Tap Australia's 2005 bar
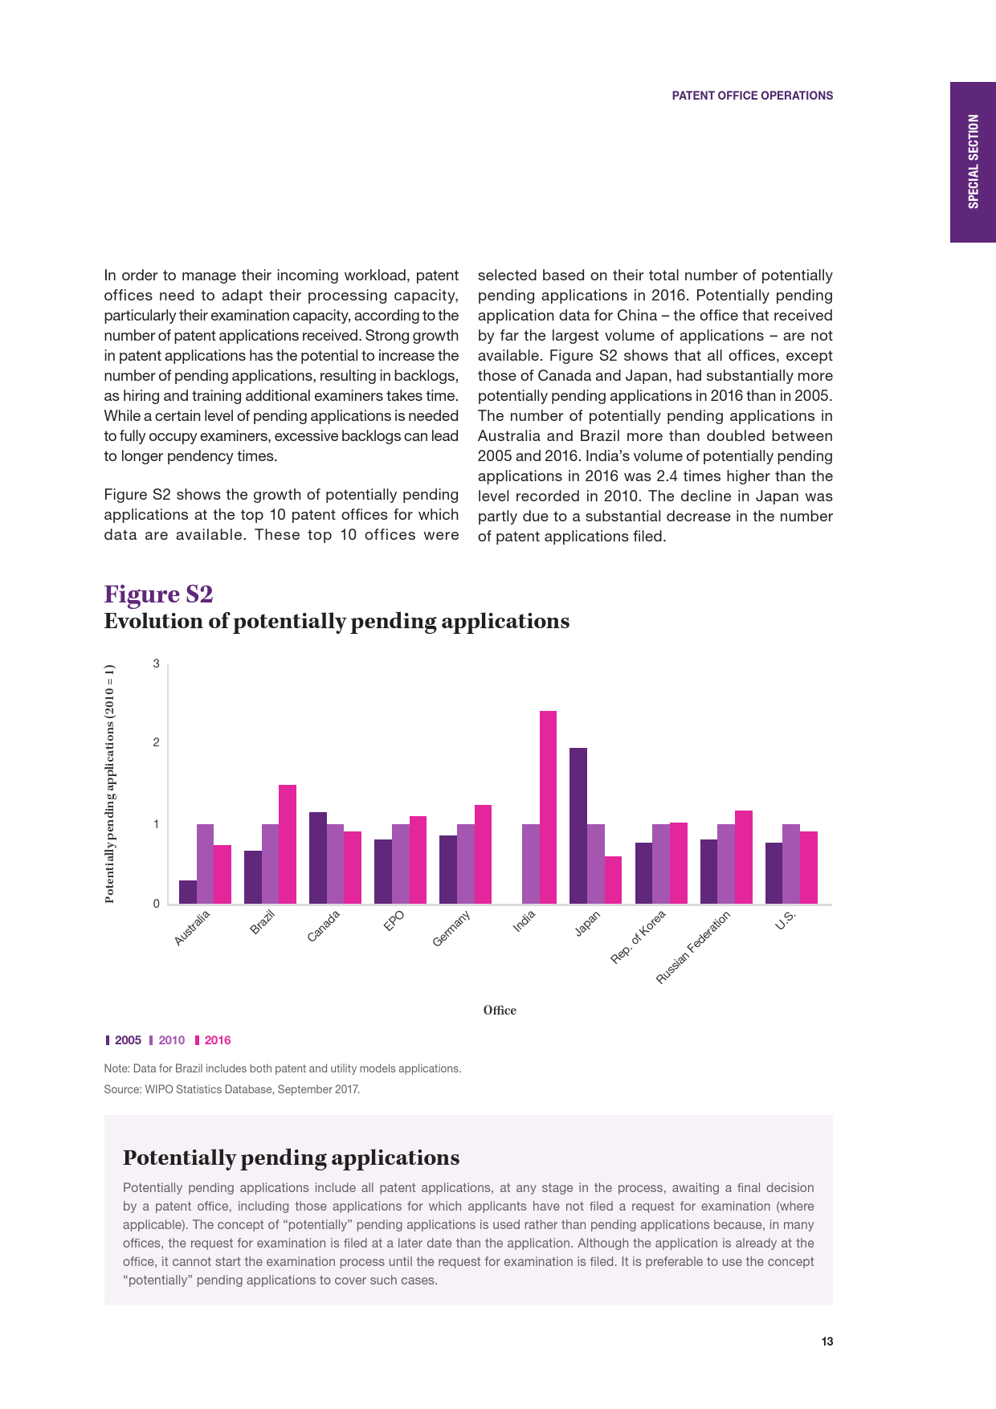tap(188, 892)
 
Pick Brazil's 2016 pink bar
tap(288, 844)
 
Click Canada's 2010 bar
tap(335, 864)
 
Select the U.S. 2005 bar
tap(774, 873)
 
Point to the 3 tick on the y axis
tap(157, 664)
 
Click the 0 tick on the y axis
tap(157, 904)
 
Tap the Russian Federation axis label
tap(694, 948)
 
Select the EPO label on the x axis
tap(394, 921)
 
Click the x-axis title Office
tap(500, 1011)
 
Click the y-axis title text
tap(110, 784)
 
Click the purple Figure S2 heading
tap(158, 594)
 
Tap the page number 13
tap(827, 1342)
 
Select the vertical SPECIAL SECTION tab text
tap(974, 161)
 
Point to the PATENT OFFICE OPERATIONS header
tap(752, 96)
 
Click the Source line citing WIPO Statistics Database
tap(232, 1089)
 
